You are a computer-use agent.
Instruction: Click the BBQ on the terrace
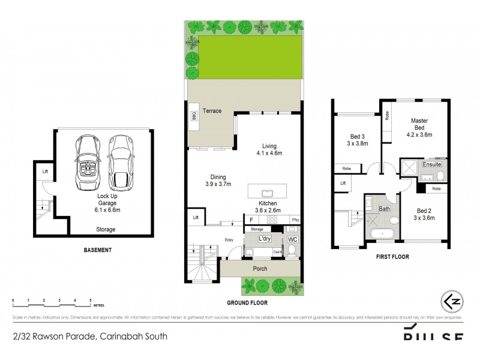194,116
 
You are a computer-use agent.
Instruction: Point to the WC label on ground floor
293,239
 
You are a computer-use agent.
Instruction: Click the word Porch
260,268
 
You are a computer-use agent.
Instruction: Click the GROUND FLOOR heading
247,304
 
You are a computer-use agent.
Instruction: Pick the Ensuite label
432,164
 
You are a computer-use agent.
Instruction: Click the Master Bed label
419,124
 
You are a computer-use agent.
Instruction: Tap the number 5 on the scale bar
90,299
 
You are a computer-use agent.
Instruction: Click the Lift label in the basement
45,172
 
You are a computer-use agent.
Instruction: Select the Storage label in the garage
106,229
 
